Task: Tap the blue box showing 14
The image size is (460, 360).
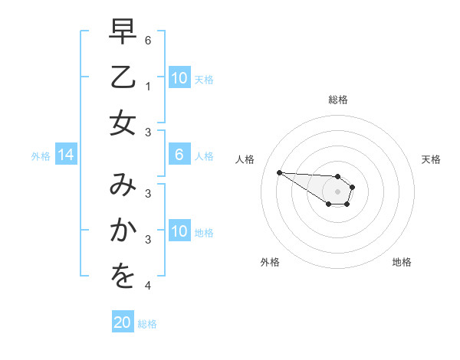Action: pyautogui.click(x=66, y=155)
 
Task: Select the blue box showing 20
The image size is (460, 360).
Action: pyautogui.click(x=123, y=322)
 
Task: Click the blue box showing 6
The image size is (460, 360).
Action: pyautogui.click(x=179, y=155)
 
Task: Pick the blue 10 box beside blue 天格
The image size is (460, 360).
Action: pyautogui.click(x=179, y=78)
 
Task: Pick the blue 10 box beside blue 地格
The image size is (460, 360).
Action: pyautogui.click(x=179, y=231)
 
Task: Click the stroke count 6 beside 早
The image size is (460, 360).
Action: pyautogui.click(x=148, y=39)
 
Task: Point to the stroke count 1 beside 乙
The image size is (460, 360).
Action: pyautogui.click(x=148, y=87)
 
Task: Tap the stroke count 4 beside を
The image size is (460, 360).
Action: pyautogui.click(x=148, y=286)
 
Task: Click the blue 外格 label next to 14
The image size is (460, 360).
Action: pyautogui.click(x=41, y=156)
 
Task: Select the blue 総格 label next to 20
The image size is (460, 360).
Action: pyautogui.click(x=147, y=324)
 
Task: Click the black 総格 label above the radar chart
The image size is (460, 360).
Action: pyautogui.click(x=337, y=100)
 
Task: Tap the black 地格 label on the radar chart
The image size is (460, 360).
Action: pyautogui.click(x=402, y=263)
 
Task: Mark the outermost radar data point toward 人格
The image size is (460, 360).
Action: pyautogui.click(x=279, y=172)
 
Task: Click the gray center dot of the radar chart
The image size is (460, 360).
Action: pyautogui.click(x=337, y=191)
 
